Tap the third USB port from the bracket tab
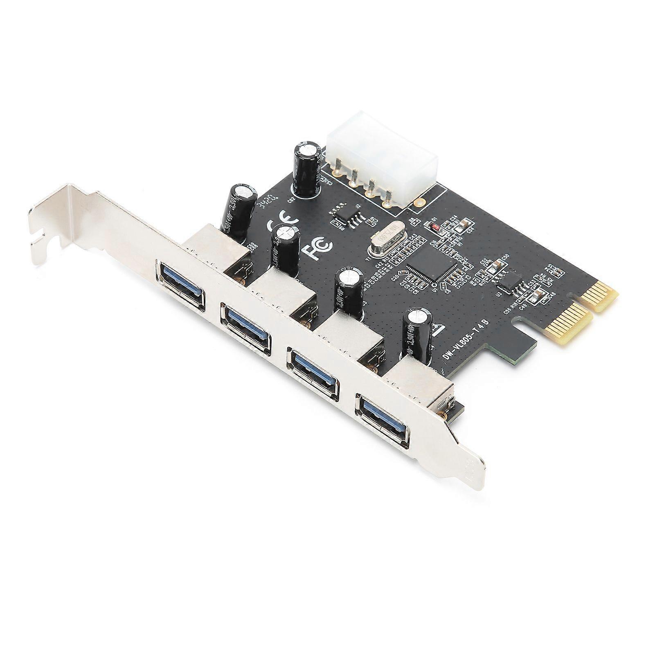tap(313, 372)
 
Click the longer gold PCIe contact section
tap(571, 325)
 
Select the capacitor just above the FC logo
tap(286, 250)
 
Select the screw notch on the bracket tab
tap(39, 241)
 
